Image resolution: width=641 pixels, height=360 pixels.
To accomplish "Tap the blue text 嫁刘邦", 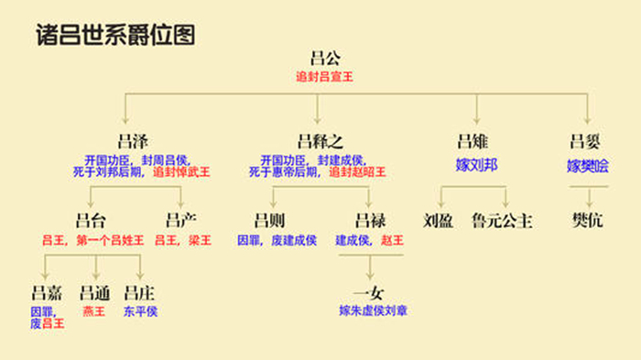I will click(x=476, y=166).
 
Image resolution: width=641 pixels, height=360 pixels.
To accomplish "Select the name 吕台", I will click(x=91, y=221).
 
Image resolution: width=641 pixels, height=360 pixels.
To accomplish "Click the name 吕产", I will click(x=180, y=221).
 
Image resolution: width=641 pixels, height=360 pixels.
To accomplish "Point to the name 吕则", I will click(x=270, y=221).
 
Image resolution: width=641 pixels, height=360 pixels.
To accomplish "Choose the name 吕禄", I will click(x=369, y=221).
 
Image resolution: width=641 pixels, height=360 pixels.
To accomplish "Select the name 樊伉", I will click(x=587, y=221).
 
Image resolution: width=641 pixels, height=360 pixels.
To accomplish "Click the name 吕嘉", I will click(x=48, y=293).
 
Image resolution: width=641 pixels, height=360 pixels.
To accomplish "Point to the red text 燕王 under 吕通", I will click(x=94, y=311).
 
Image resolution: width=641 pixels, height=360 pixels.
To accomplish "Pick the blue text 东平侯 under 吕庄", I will click(x=140, y=311).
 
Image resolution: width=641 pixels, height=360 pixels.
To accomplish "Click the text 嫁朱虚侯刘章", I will click(x=373, y=311).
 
